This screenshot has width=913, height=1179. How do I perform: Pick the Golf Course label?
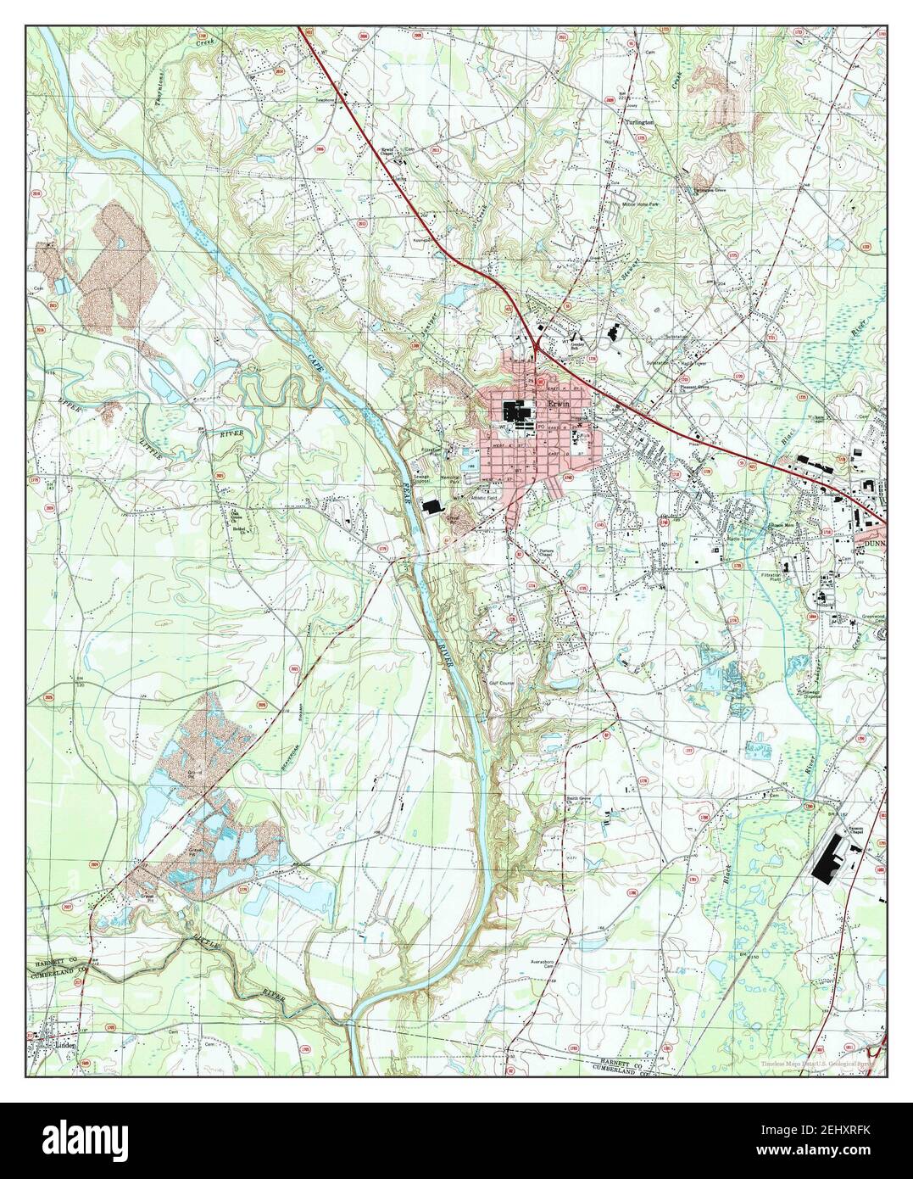(502, 681)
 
